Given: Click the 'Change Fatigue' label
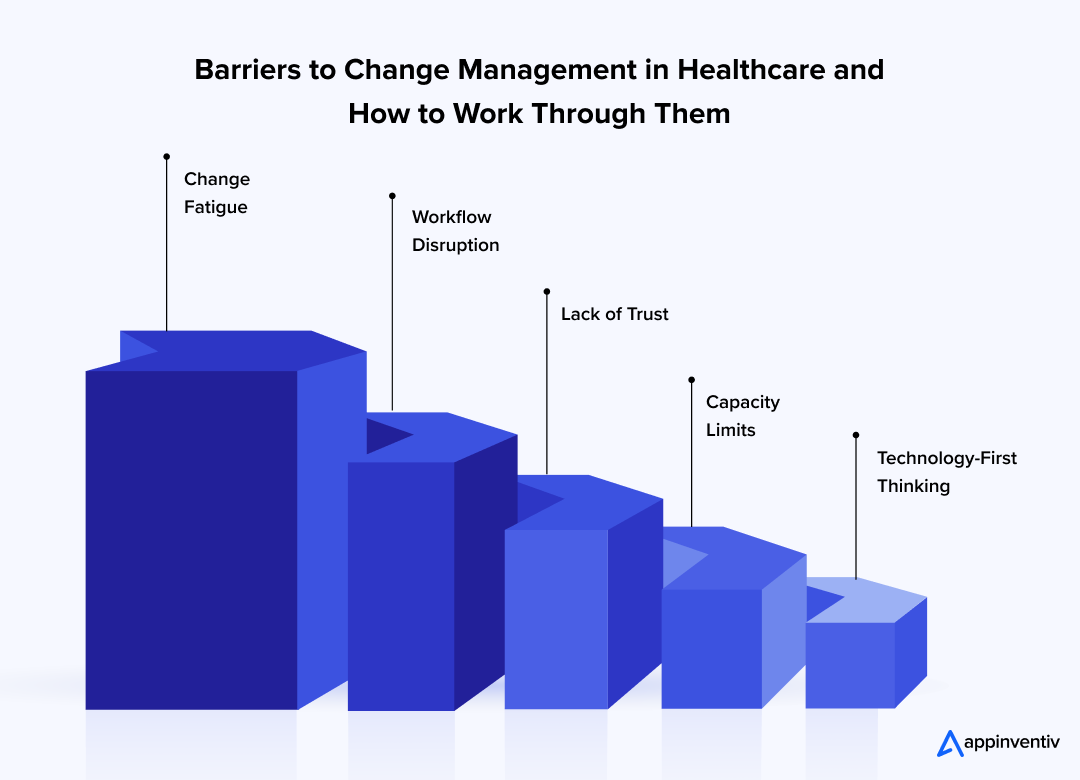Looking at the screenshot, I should (216, 193).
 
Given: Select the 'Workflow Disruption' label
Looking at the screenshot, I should (455, 231).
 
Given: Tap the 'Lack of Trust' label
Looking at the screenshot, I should (614, 314).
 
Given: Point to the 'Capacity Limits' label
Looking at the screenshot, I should (742, 416).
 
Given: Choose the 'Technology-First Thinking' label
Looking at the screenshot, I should (946, 472).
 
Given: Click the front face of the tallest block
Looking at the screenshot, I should (191, 540).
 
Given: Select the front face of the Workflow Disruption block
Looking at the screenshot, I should (401, 585).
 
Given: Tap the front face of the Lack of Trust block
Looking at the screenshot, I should (556, 618).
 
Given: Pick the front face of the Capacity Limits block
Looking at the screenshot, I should (711, 648).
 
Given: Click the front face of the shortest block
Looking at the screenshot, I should (850, 665).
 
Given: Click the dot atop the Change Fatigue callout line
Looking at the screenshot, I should (166, 156).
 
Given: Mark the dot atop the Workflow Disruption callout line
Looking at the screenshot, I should (392, 195).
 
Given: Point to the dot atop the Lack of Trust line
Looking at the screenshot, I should (547, 291).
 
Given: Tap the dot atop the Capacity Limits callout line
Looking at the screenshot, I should (691, 380).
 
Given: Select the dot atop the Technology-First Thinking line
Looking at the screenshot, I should (855, 435).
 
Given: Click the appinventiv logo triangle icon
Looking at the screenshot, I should (948, 743).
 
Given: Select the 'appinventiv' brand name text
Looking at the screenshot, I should (1011, 744).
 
